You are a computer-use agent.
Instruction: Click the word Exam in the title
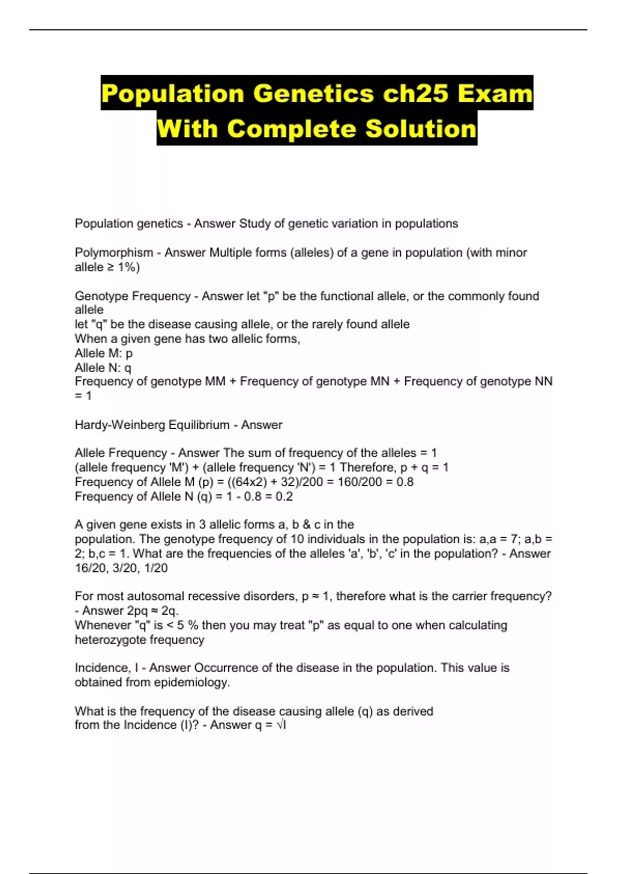(x=495, y=94)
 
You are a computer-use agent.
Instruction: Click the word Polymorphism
(x=114, y=252)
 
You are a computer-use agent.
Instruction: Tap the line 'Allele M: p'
(x=103, y=353)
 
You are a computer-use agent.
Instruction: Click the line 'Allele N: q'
(x=103, y=368)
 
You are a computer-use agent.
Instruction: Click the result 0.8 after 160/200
(x=405, y=482)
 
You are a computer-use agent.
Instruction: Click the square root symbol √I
(x=281, y=725)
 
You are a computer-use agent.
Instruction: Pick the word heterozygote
(x=110, y=640)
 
